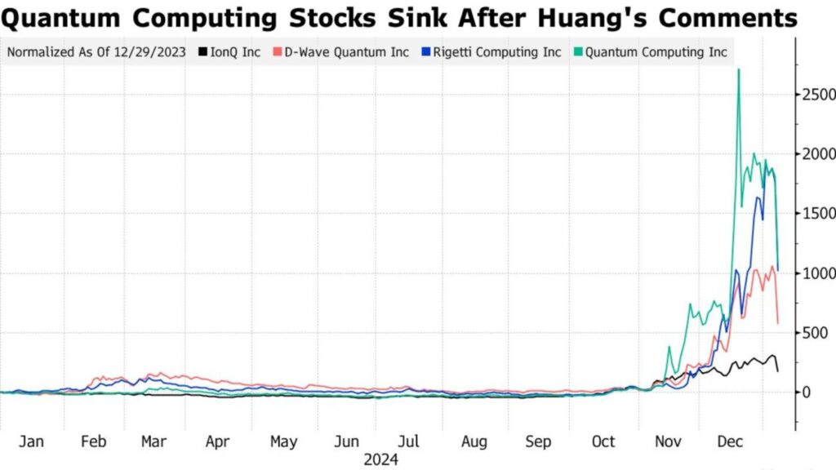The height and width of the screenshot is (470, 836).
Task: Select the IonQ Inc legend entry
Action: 234,52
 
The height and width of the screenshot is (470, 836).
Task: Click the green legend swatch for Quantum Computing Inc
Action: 579,52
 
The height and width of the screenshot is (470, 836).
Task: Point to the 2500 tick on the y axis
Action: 816,95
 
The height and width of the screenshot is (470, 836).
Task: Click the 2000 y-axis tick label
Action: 816,154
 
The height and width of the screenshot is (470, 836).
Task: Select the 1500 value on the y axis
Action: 816,214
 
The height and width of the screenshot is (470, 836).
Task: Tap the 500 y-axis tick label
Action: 816,333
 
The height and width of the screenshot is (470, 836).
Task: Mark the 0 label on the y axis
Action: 807,392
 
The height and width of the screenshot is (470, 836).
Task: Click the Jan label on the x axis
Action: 30,441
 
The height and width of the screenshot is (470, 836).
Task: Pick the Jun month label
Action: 348,441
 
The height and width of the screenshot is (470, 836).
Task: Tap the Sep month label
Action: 538,441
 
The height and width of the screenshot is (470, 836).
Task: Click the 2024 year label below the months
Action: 381,459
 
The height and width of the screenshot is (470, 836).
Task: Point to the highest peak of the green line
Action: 739,69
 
